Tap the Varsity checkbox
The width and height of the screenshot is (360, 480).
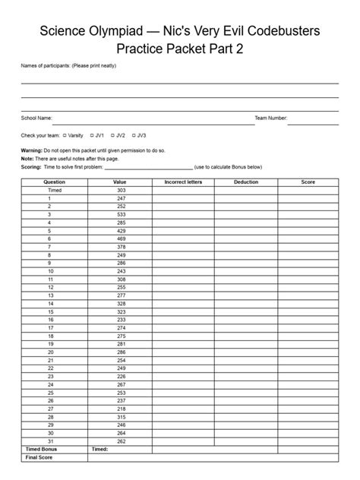click(x=65, y=135)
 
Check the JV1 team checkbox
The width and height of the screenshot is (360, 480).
click(x=92, y=135)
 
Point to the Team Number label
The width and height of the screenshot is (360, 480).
click(x=271, y=118)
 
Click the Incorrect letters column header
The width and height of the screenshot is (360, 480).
click(x=182, y=182)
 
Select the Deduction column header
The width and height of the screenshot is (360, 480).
click(x=246, y=182)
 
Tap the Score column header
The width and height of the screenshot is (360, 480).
click(x=308, y=182)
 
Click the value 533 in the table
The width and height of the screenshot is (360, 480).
click(x=120, y=214)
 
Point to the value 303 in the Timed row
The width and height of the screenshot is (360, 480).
click(x=120, y=190)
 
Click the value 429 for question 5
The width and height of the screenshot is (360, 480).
click(x=120, y=230)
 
